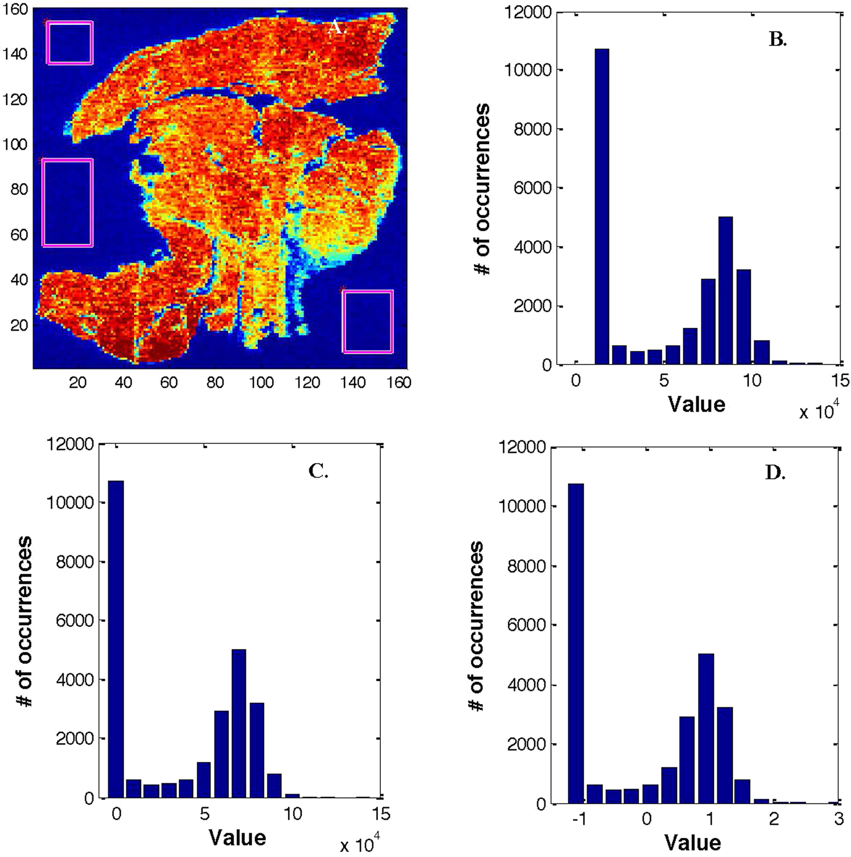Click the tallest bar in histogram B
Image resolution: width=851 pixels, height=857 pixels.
[x=601, y=207]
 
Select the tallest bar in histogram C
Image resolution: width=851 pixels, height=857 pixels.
[x=116, y=639]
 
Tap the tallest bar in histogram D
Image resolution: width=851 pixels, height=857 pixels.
[x=576, y=644]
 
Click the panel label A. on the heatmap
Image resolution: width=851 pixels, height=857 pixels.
[x=337, y=27]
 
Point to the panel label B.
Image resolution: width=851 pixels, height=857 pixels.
[x=778, y=40]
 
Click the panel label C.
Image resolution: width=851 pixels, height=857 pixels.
[x=318, y=471]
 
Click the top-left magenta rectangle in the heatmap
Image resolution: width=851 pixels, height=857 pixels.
[x=70, y=43]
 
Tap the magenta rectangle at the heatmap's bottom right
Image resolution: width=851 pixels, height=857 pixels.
[x=367, y=322]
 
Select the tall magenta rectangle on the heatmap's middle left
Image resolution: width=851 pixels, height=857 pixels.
[x=68, y=203]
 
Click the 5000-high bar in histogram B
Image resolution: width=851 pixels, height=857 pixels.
[x=725, y=290]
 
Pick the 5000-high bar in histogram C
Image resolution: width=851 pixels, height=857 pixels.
[x=239, y=723]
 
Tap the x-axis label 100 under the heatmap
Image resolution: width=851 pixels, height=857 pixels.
[x=261, y=382]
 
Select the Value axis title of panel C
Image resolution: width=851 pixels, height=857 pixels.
[x=237, y=837]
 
